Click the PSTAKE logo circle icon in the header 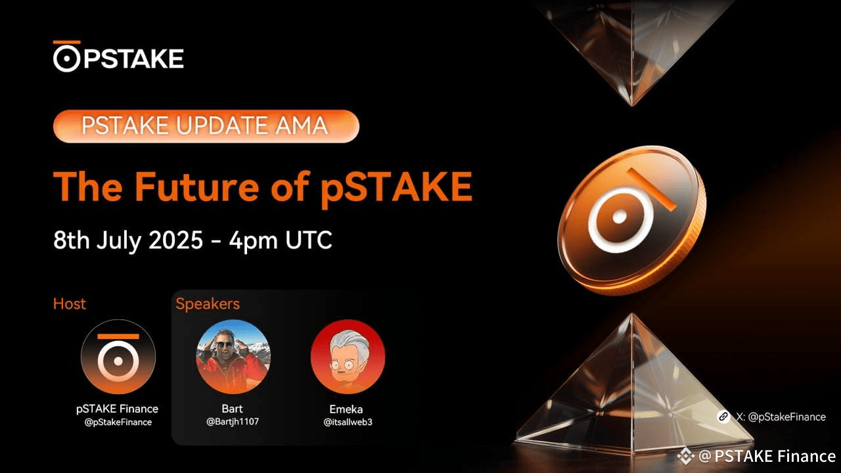[x=67, y=58]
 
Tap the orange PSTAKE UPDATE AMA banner [x=206, y=126]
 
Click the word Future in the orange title [x=196, y=187]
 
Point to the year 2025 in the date [x=175, y=240]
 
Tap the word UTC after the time [x=309, y=240]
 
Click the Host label [x=70, y=304]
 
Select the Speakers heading [x=207, y=304]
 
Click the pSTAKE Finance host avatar [x=118, y=357]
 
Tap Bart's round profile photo [x=233, y=357]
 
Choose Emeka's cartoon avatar [x=348, y=357]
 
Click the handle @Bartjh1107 [x=233, y=422]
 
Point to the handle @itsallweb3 [x=348, y=422]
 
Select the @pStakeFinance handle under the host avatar [x=118, y=422]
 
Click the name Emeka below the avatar [x=346, y=409]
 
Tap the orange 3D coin [x=631, y=220]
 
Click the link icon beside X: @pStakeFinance [x=723, y=417]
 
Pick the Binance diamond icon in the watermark [x=685, y=456]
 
